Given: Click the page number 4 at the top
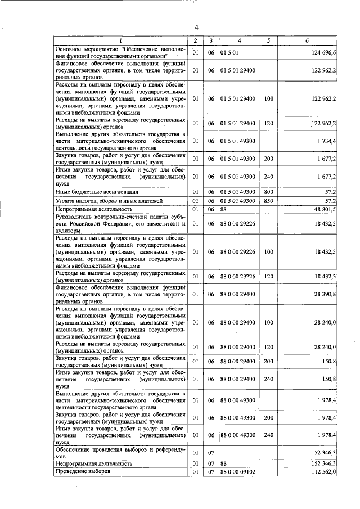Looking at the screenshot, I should pyautogui.click(x=196, y=28).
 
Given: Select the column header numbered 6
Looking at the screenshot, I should pyautogui.click(x=307, y=41).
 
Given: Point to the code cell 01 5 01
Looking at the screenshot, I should pyautogui.click(x=231, y=53).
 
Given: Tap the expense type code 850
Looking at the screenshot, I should pyautogui.click(x=268, y=200).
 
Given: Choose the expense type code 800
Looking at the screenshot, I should pyautogui.click(x=268, y=192).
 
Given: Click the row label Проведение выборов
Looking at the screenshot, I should pyautogui.click(x=83, y=471).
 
